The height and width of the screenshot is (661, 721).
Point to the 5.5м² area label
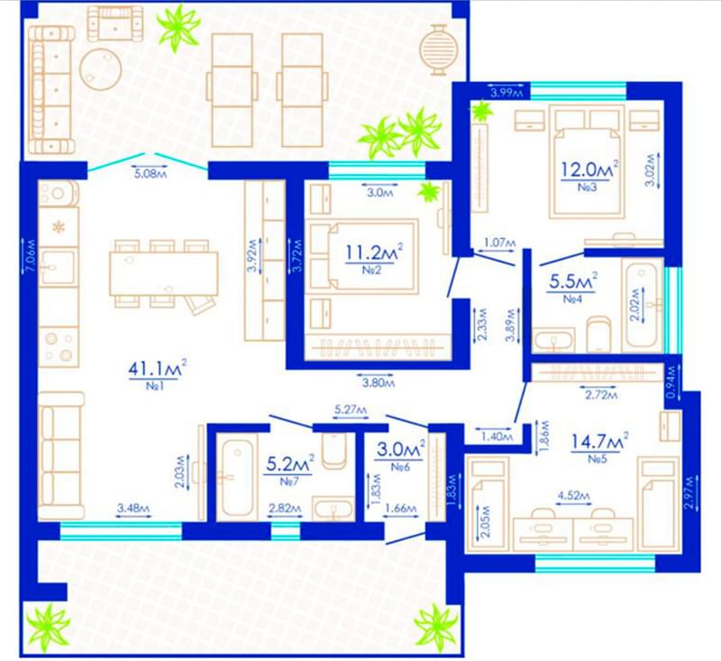click(x=573, y=281)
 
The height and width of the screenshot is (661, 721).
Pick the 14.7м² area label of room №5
click(x=599, y=441)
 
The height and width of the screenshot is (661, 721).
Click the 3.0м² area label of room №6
click(x=400, y=448)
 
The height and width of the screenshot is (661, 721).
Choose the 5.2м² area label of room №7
click(x=290, y=464)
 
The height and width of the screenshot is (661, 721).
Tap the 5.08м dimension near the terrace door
click(x=150, y=173)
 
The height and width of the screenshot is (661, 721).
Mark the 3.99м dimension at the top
click(x=507, y=93)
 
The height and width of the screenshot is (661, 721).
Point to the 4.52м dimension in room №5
click(x=573, y=496)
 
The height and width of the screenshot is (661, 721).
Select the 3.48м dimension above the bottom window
click(x=133, y=509)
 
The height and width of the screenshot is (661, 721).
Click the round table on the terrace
click(x=101, y=70)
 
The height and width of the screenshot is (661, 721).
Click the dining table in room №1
click(x=164, y=273)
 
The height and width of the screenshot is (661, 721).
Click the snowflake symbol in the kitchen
click(x=59, y=227)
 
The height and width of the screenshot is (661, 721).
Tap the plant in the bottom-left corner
click(x=49, y=628)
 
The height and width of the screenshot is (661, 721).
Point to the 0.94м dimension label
click(x=672, y=381)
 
